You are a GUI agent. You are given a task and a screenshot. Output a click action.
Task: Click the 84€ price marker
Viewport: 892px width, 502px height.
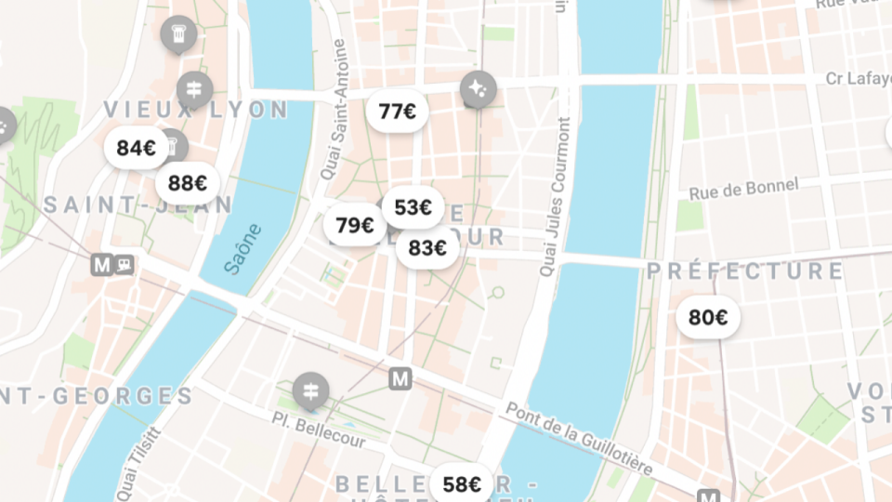point(136,148)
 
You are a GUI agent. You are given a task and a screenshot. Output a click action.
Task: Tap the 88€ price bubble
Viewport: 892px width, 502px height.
point(188,183)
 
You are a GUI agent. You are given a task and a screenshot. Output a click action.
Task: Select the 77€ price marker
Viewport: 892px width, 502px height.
point(397,112)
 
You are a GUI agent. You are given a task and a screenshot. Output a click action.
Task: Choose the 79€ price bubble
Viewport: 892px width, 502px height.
point(354,225)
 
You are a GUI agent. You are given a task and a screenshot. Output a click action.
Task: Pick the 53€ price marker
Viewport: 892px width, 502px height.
point(413,207)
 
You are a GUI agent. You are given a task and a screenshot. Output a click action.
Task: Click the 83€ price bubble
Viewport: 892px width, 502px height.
point(427,248)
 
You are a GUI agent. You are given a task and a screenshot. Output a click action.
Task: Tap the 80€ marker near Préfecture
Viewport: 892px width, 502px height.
point(707,318)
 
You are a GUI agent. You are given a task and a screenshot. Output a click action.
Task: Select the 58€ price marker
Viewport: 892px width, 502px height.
point(462,484)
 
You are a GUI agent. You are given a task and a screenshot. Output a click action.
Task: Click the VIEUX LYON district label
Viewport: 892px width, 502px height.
point(196,110)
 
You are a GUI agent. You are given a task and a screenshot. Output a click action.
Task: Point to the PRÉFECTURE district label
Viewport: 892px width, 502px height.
point(745,271)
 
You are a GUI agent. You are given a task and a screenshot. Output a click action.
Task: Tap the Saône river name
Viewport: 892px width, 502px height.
point(243,248)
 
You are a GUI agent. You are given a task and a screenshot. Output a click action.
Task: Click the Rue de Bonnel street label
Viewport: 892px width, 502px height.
point(743,189)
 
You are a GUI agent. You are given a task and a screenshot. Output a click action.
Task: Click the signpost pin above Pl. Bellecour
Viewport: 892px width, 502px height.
point(309,391)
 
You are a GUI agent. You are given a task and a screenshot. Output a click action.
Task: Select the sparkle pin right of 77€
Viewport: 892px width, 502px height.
point(478,89)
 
